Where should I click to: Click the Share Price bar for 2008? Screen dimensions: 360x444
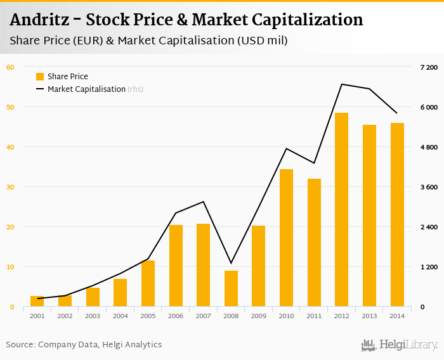pyautogui.click(x=231, y=288)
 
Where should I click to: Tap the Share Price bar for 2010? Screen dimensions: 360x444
pyautogui.click(x=286, y=238)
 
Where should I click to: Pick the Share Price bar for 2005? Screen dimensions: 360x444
pyautogui.click(x=148, y=283)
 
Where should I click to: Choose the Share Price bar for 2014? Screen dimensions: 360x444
pyautogui.click(x=397, y=215)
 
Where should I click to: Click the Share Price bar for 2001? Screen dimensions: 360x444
pyautogui.click(x=37, y=301)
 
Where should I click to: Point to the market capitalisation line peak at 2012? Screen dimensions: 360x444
pyautogui.click(x=341, y=84)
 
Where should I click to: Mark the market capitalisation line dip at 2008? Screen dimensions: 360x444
pyautogui.click(x=231, y=263)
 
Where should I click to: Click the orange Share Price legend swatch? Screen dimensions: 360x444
pyautogui.click(x=40, y=77)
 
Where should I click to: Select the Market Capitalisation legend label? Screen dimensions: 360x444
pyautogui.click(x=86, y=89)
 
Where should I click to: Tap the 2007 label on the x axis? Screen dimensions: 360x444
pyautogui.click(x=203, y=316)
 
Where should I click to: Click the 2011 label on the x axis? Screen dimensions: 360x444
pyautogui.click(x=313, y=316)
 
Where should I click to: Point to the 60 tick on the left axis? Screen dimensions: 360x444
pyautogui.click(x=11, y=67)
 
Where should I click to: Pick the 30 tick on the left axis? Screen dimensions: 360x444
pyautogui.click(x=11, y=187)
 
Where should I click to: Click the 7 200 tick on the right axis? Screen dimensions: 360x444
pyautogui.click(x=429, y=67)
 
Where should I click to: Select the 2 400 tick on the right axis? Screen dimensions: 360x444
pyautogui.click(x=429, y=227)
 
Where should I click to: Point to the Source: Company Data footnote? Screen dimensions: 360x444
pyautogui.click(x=84, y=345)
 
